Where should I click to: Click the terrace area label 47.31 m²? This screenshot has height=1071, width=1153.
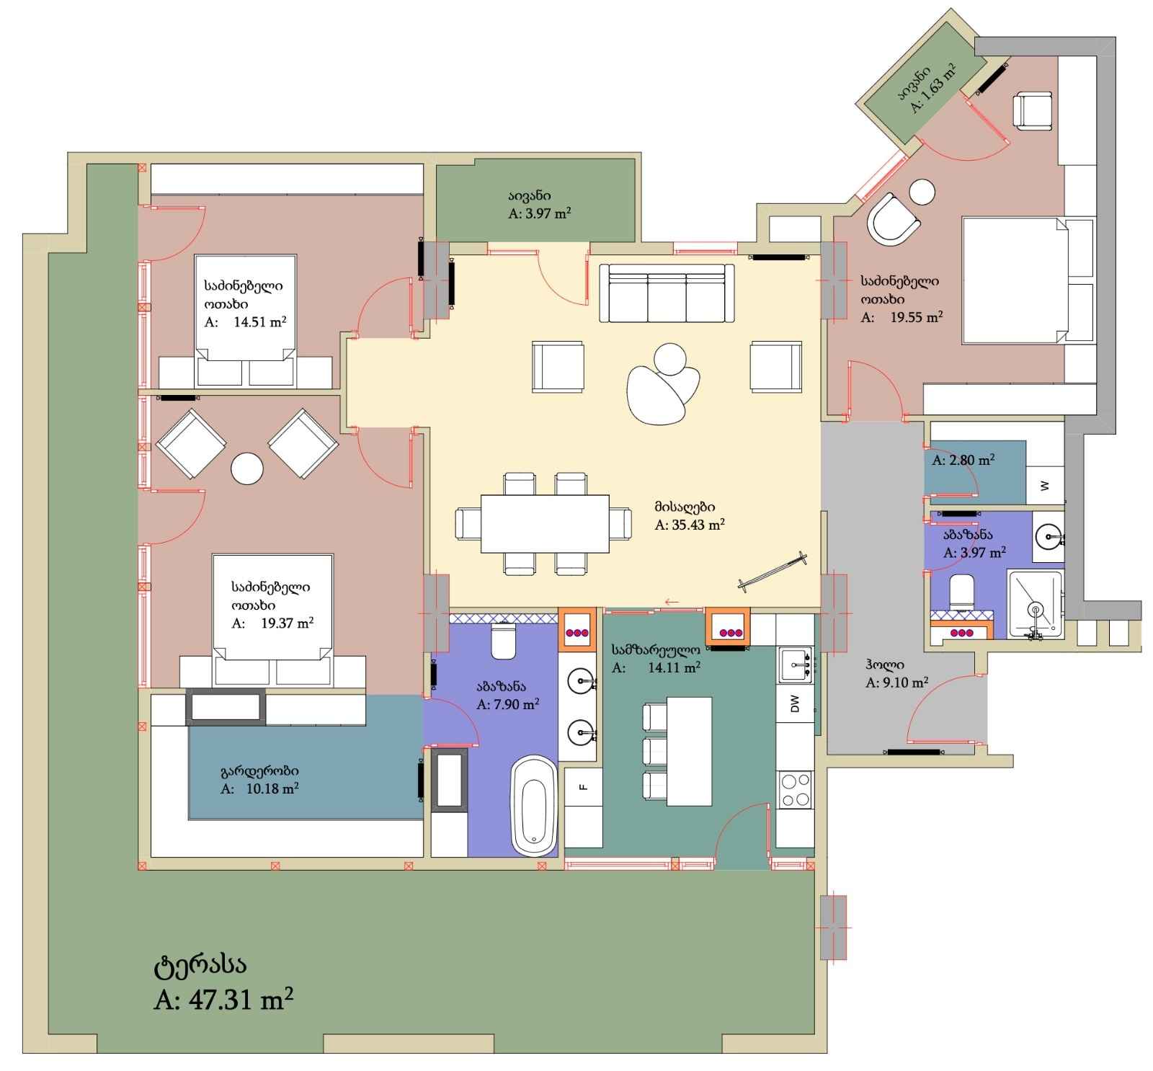click(x=223, y=1000)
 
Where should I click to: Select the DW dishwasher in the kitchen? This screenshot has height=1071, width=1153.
click(x=796, y=702)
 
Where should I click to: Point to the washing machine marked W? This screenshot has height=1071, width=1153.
click(x=1045, y=486)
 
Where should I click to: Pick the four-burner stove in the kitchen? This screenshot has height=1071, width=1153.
click(x=795, y=789)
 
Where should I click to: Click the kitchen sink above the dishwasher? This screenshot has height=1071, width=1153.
click(x=796, y=664)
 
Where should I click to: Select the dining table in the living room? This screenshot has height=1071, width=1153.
click(x=545, y=523)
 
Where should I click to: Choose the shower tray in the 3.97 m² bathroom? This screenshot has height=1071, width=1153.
click(x=1036, y=604)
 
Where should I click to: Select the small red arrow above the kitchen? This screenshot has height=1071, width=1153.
click(x=672, y=602)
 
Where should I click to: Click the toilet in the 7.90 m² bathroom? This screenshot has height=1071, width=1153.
click(x=503, y=641)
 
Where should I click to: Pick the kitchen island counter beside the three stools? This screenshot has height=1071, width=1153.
click(x=690, y=751)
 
